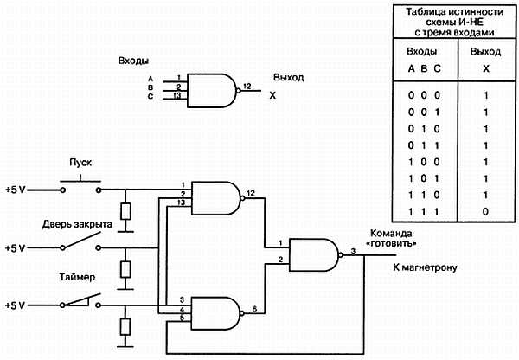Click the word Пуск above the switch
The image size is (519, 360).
80,163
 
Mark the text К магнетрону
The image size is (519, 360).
425,267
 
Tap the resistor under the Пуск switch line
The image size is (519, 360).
126,211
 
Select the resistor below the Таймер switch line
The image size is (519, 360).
126,327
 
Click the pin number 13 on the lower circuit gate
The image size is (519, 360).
180,202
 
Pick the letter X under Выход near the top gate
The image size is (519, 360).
272,95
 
